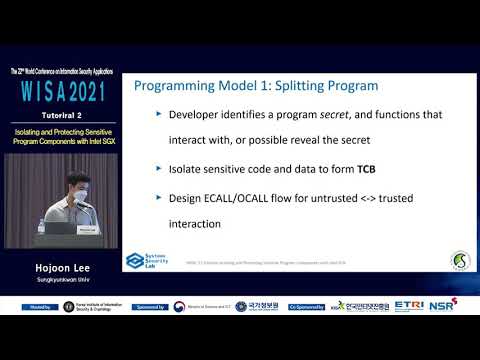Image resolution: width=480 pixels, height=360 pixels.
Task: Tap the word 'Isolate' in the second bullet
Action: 196,169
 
